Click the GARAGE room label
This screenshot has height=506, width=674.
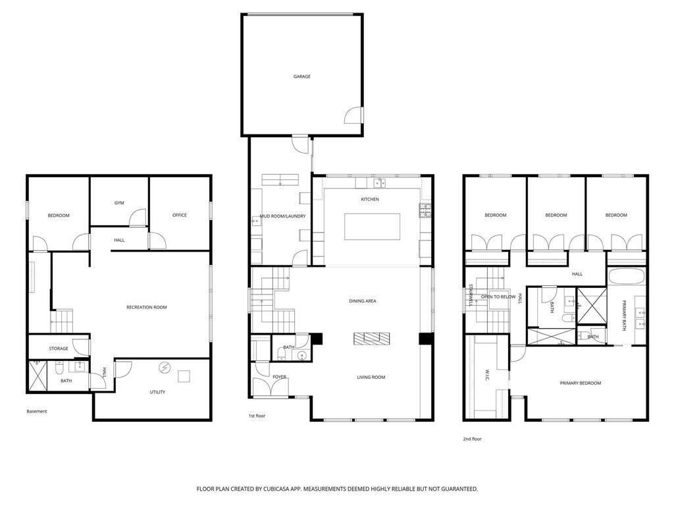302,76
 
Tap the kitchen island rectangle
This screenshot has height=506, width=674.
373,226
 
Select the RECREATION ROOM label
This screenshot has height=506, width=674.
147,307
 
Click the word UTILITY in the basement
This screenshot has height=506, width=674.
157,392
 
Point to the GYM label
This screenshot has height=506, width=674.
119,203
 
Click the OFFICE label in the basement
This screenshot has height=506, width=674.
180,215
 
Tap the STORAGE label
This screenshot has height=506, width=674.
59,349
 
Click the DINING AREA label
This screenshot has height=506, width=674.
363,301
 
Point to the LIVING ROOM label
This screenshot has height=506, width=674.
371,378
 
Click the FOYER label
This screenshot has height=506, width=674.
280,377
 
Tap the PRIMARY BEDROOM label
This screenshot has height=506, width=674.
581,383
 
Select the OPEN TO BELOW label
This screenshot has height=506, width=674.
498,296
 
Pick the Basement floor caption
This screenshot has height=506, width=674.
37,411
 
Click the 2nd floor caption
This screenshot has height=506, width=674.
472,438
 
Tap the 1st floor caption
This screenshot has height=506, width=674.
257,416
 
